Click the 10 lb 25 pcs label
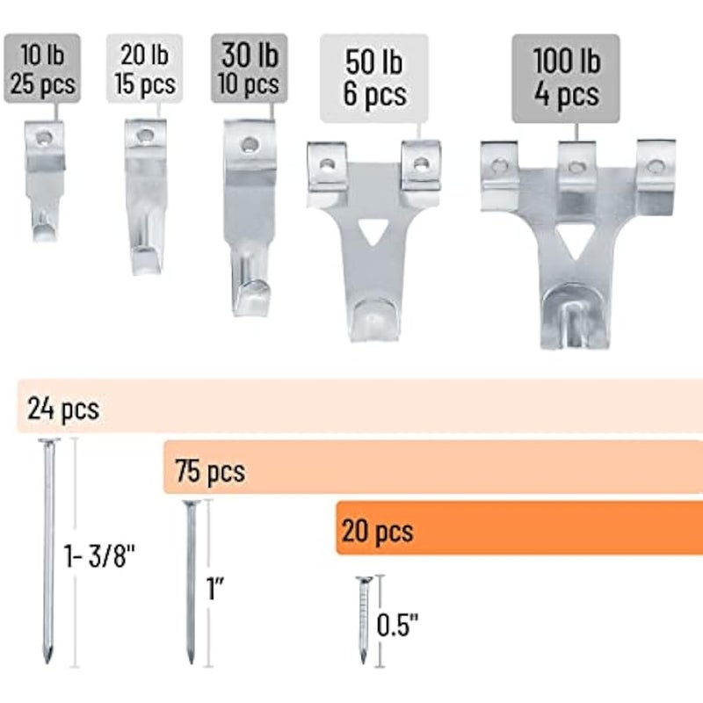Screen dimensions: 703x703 (42, 69)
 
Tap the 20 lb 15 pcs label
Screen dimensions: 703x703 (144, 69)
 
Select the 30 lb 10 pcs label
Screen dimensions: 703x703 (250, 69)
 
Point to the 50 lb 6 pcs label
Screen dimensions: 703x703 (374, 78)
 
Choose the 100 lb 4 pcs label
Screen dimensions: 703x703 (566, 78)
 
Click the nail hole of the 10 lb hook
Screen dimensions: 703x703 (43, 137)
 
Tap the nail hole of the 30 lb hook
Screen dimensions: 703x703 (250, 144)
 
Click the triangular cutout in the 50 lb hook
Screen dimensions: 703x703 (373, 231)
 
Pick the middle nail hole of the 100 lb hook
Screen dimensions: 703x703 (576, 168)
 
